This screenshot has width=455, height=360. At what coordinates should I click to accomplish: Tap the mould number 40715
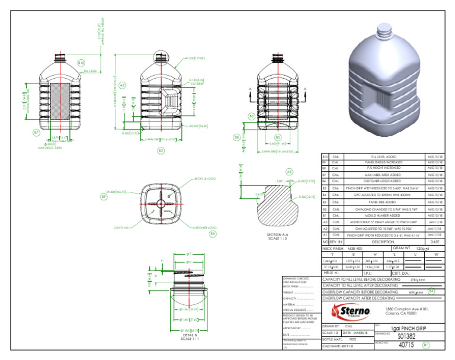[x=405, y=344]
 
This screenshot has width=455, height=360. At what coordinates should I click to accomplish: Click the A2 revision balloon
[x=123, y=85]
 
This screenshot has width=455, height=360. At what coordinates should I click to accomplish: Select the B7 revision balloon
[x=36, y=132]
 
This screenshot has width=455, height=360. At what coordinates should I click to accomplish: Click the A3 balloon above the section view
[x=290, y=171]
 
